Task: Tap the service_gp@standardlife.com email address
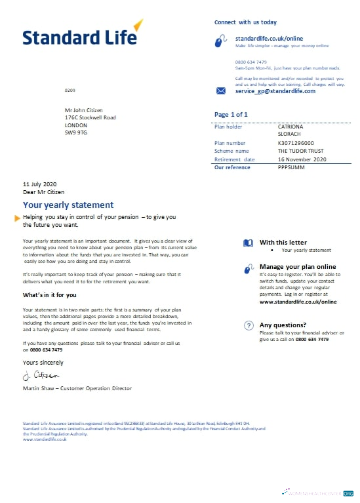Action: coord(275,91)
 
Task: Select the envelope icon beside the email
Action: coord(221,91)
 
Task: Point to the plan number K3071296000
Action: coord(296,143)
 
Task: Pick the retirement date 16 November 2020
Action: coord(302,159)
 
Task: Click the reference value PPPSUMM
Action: coord(292,168)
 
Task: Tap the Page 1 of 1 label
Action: coord(231,115)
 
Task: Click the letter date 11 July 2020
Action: coord(40,184)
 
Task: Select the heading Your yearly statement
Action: coord(68,205)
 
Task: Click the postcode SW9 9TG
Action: coord(75,132)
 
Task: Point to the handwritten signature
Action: coord(41,375)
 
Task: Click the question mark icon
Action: coord(249,325)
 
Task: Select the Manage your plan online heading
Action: coord(298,267)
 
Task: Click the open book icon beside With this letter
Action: coord(248,243)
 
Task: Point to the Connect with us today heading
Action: coord(245,22)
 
